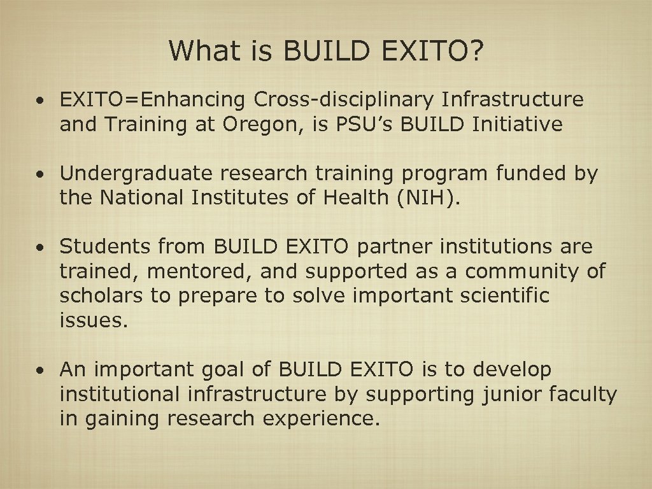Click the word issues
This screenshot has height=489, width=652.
[x=94, y=321]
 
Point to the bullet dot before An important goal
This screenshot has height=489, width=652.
[x=40, y=370]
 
